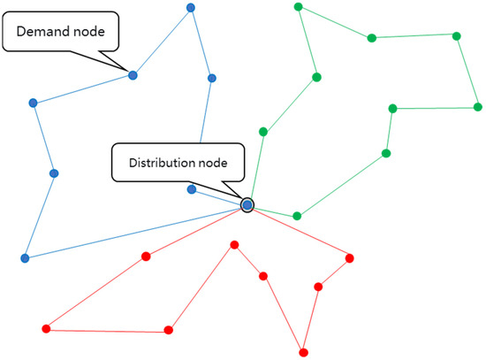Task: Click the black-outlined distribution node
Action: pos(247,205)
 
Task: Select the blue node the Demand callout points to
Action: pos(133,75)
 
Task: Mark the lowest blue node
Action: pos(25,258)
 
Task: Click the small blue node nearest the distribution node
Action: pos(192,189)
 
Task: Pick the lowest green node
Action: pos(298,216)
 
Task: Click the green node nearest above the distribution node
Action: pos(262,132)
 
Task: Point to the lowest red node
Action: pos(304,352)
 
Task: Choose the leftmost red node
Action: pos(46,329)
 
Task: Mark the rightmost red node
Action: pos(350,258)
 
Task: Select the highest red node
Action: pos(234,244)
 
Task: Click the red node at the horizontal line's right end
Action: pos(169,331)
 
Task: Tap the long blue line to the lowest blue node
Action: pos(133,233)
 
